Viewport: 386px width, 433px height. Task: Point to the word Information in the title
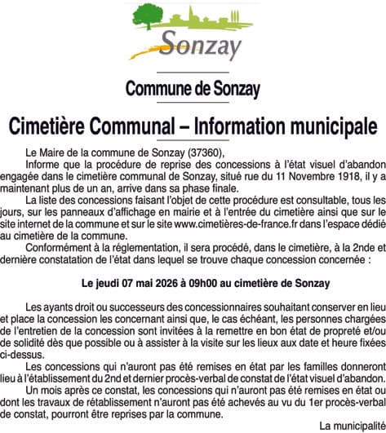(252, 126)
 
